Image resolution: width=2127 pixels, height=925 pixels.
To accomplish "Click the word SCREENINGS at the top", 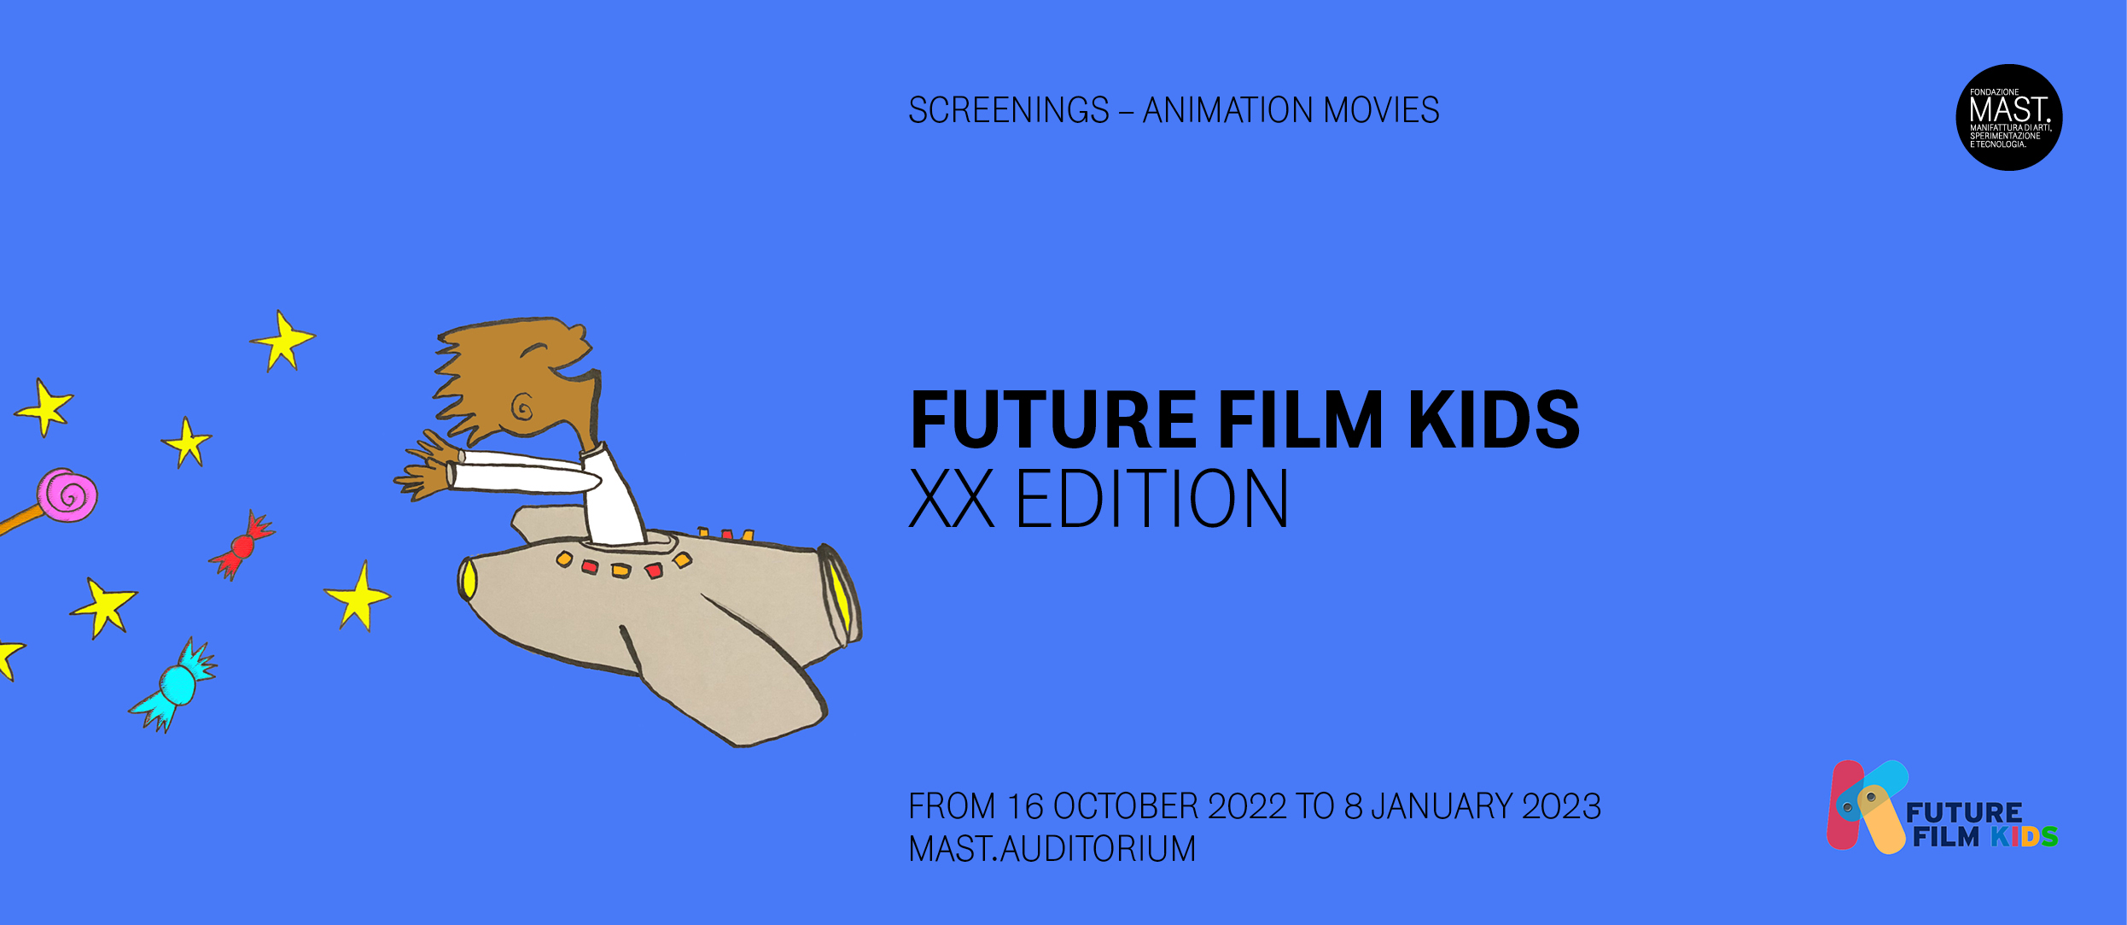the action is click(x=1009, y=110).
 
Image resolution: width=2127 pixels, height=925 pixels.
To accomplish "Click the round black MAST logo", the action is click(x=2009, y=118).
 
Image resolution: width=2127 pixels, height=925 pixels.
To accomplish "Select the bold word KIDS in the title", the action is click(x=1494, y=419).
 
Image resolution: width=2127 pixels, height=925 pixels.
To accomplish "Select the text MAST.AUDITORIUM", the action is click(x=1052, y=849).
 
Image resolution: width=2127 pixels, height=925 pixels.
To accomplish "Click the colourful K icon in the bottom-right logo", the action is click(x=1867, y=806).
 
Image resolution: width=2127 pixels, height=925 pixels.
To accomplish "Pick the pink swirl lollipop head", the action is click(x=67, y=495).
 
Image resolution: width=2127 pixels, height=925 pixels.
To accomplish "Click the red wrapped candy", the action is click(x=242, y=545).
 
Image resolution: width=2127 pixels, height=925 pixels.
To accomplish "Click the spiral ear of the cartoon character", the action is click(x=522, y=407).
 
